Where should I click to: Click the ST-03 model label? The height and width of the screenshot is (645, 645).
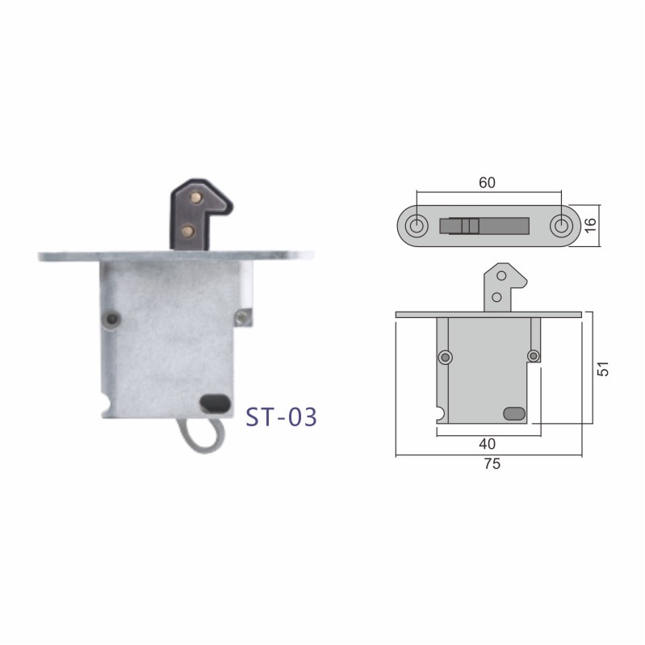282,417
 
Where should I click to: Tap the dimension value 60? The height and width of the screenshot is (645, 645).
487,182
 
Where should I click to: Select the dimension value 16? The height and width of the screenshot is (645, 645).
591,225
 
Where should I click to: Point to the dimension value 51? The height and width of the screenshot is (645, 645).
603,369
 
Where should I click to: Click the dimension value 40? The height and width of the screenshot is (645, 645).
488,444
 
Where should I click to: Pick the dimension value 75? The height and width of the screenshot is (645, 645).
492,464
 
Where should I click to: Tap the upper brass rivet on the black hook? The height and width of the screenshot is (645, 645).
195,199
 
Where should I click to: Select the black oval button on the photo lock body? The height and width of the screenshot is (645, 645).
216,404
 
